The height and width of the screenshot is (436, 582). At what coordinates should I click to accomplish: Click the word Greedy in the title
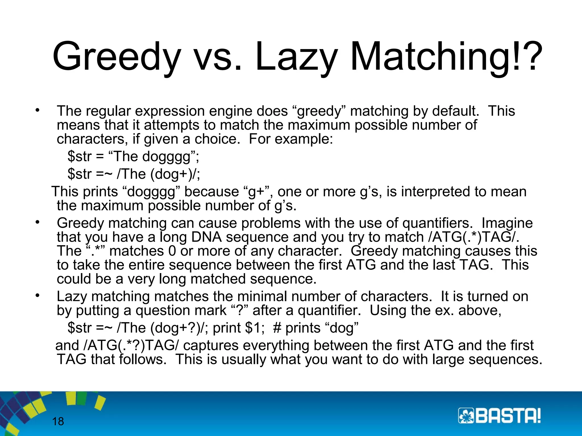117,57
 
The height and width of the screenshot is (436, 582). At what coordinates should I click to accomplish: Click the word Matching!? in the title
446,57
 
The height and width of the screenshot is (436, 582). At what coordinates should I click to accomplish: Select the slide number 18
58,421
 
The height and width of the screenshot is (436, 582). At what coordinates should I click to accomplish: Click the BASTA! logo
499,416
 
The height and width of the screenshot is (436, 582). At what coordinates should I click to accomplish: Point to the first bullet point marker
37,110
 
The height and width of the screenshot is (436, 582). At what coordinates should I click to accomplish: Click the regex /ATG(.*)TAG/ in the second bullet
472,237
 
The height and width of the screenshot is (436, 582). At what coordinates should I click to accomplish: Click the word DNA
207,237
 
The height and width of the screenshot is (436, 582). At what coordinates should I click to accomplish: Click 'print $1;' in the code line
239,328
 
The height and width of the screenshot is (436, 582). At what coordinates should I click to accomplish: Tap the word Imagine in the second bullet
507,223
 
